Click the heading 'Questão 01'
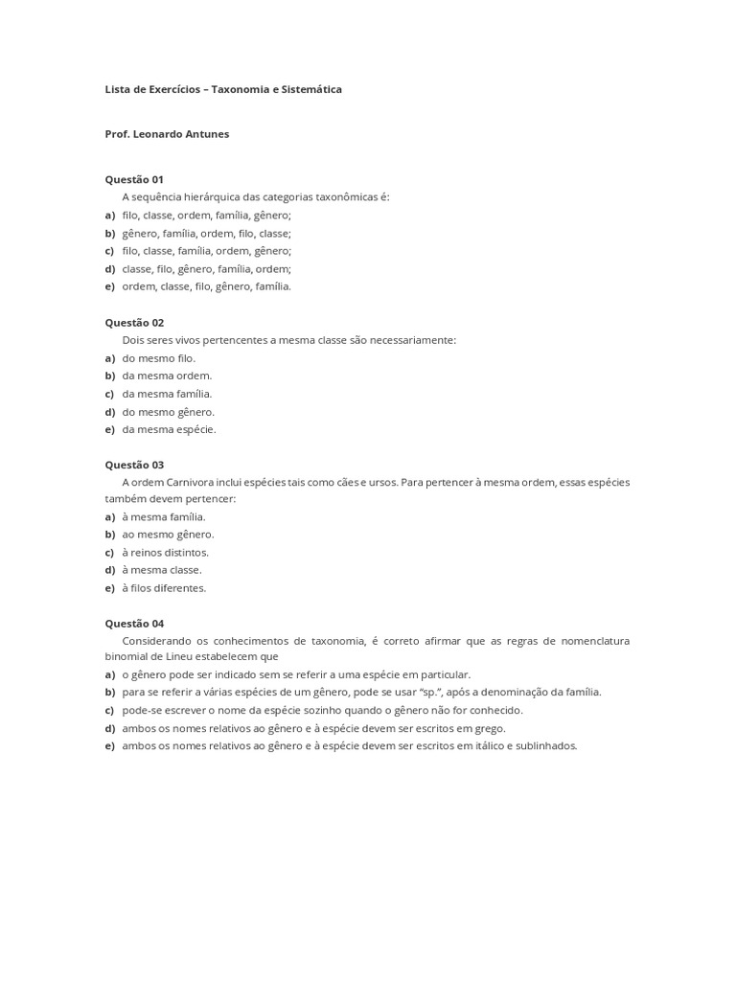pyautogui.click(x=134, y=179)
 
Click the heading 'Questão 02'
pyautogui.click(x=134, y=323)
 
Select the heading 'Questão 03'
pyautogui.click(x=134, y=465)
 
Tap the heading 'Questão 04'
pyautogui.click(x=134, y=623)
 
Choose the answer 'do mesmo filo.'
pyautogui.click(x=158, y=358)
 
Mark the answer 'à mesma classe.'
pyautogui.click(x=161, y=570)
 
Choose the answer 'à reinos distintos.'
pyautogui.click(x=165, y=553)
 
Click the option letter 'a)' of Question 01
pyautogui.click(x=109, y=216)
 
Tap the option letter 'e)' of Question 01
pyautogui.click(x=109, y=286)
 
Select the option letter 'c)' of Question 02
pyautogui.click(x=109, y=394)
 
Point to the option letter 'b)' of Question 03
pyautogui.click(x=109, y=535)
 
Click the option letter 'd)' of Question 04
pyautogui.click(x=109, y=728)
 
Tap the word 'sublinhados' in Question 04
pyautogui.click(x=549, y=745)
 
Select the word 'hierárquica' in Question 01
pyautogui.click(x=211, y=197)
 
